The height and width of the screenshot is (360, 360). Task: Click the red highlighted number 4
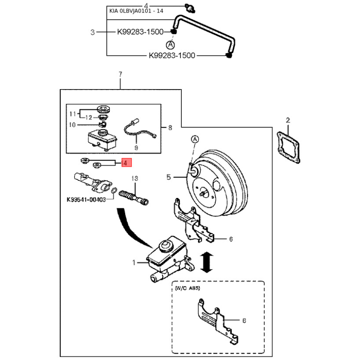(x=126, y=162)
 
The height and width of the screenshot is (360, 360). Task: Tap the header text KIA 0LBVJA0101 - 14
(x=136, y=11)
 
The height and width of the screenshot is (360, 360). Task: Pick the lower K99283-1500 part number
(x=172, y=56)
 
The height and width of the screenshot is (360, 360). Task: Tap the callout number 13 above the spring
(x=133, y=178)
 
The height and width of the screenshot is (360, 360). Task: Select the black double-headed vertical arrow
(x=206, y=262)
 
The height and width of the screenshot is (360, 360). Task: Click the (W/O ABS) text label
(x=188, y=287)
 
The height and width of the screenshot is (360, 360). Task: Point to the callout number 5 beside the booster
(x=169, y=177)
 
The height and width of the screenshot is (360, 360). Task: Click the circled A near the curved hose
(x=170, y=45)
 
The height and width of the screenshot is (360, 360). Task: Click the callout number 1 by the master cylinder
(x=133, y=262)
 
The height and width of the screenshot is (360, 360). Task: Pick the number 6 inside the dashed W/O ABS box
(x=244, y=321)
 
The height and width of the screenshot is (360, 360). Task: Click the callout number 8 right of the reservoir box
(x=170, y=128)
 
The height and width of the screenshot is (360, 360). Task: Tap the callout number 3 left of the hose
(x=92, y=32)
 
